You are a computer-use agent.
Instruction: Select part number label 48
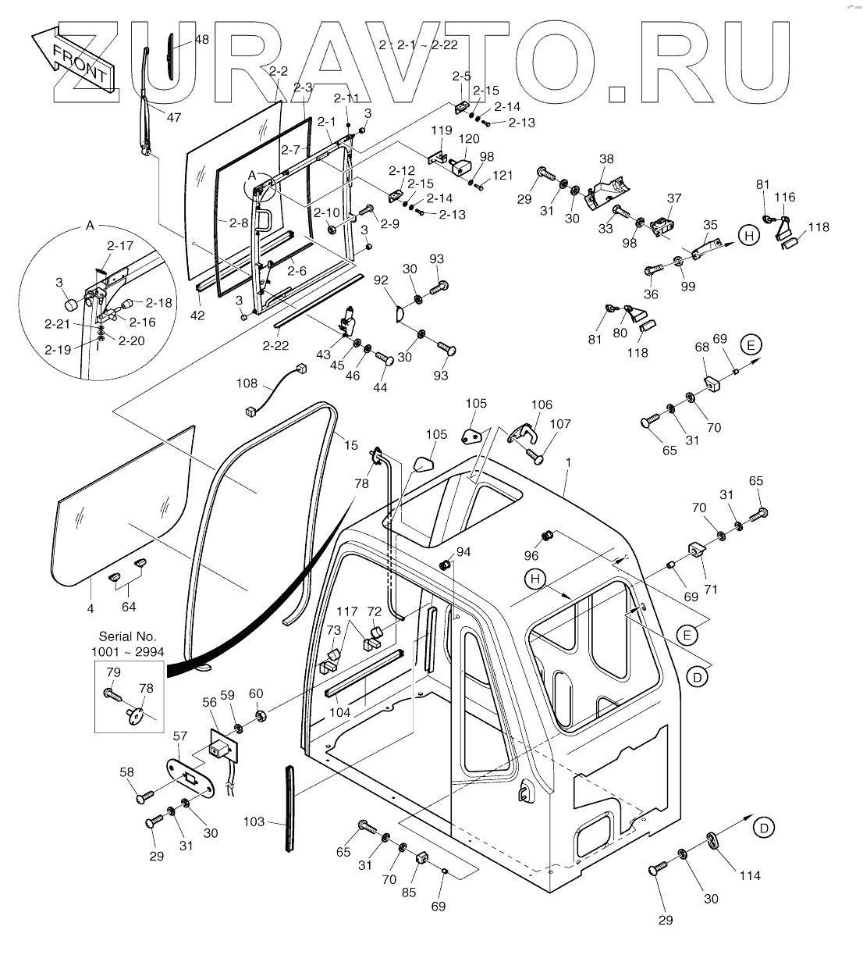tap(201, 39)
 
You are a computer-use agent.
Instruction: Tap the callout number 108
tap(247, 383)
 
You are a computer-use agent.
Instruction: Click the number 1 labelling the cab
tap(569, 462)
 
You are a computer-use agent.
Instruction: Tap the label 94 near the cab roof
tap(463, 552)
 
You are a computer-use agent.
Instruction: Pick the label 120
tap(469, 139)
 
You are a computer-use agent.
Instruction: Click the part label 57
tap(180, 736)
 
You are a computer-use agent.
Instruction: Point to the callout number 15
tap(351, 445)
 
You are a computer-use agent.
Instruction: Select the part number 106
tap(541, 404)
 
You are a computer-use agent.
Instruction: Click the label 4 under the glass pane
tap(91, 608)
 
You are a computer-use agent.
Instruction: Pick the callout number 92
tap(381, 278)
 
